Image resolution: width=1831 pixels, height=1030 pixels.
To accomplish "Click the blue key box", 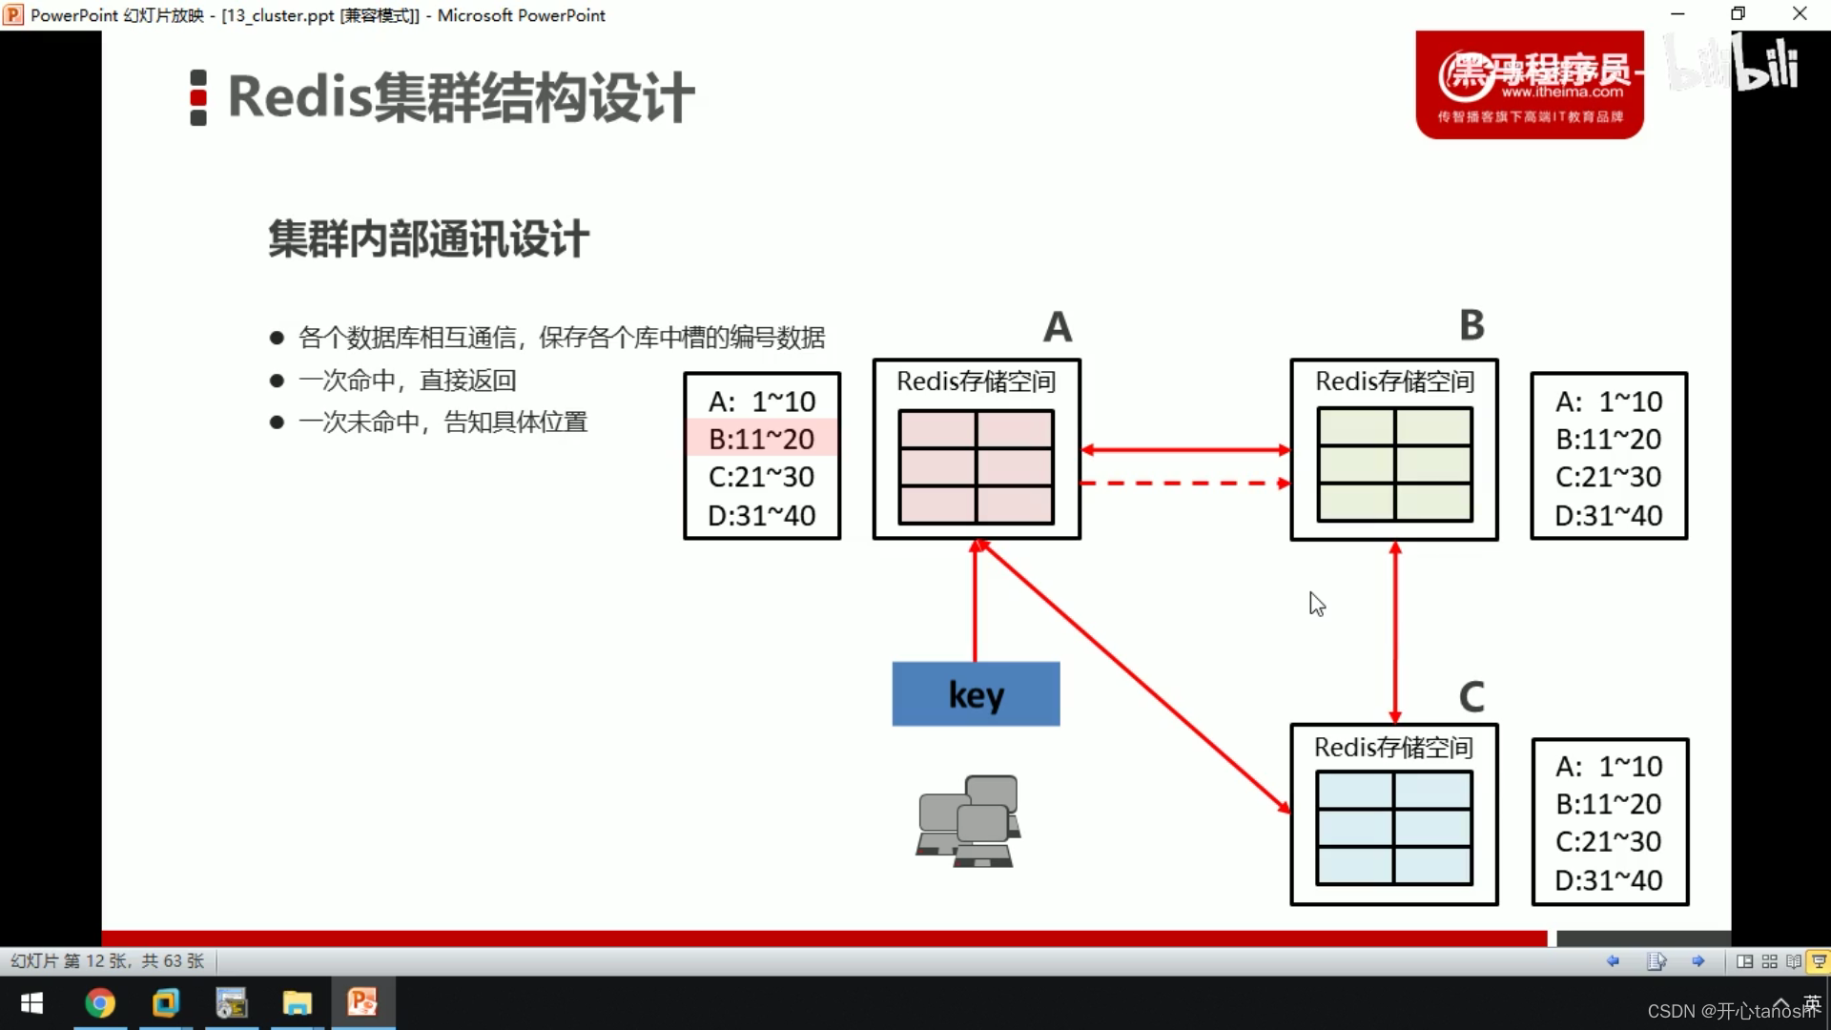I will point(976,694).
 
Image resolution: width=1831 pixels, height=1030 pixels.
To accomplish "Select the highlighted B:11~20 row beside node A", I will point(762,439).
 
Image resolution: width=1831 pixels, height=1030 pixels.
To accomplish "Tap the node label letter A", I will point(1058,327).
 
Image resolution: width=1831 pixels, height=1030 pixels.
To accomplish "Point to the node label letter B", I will point(1471,325).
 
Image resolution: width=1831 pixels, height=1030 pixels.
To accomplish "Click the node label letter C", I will point(1471,697).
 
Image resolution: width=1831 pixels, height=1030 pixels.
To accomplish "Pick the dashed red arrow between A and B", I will point(1184,484).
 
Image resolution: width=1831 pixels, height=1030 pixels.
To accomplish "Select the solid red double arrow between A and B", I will point(1184,449).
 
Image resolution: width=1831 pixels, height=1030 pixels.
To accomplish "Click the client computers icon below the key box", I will point(969,820).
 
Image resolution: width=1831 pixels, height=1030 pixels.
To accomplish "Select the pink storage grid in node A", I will point(976,467).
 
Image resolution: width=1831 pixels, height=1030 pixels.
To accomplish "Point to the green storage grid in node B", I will point(1394,464).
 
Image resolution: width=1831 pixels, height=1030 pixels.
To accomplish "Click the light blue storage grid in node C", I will point(1393,828).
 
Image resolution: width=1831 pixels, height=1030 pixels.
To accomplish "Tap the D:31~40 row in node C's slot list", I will point(1609,879).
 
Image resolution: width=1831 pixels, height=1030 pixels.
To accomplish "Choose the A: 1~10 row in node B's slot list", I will point(1609,402).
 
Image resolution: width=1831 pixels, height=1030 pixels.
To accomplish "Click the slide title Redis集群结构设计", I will point(461,97).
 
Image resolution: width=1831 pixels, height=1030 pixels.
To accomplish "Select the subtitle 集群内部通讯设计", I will point(428,239).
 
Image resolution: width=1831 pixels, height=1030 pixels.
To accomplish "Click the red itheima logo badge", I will point(1530,85).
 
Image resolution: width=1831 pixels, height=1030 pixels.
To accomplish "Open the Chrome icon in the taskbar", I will point(100,1003).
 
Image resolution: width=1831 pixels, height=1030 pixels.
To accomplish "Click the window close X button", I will point(1800,14).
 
